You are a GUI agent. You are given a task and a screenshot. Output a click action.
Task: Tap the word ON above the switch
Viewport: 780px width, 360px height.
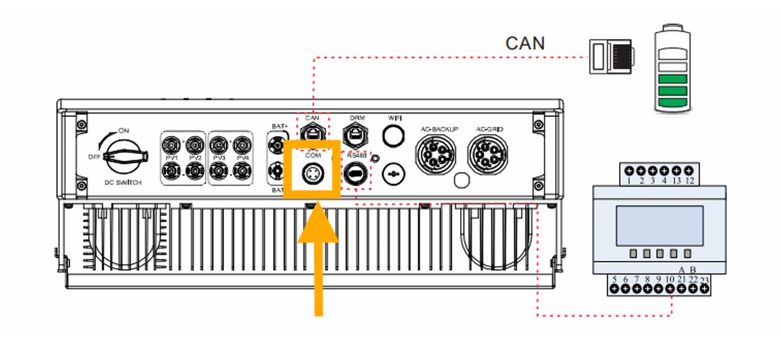click(124, 131)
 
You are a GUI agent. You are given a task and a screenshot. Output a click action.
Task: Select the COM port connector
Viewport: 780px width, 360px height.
click(312, 173)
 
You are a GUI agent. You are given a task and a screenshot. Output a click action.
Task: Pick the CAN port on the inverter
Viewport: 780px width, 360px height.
click(313, 133)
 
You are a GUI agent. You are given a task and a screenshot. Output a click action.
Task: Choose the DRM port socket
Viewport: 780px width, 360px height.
click(355, 133)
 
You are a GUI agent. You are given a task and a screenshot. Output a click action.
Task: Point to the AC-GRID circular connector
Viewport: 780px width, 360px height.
click(488, 152)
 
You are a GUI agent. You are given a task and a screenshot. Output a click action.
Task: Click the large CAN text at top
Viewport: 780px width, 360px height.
click(525, 43)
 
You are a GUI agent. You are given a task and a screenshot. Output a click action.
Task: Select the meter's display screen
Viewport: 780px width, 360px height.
click(659, 225)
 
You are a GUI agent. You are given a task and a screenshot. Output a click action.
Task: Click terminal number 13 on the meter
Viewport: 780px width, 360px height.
click(677, 181)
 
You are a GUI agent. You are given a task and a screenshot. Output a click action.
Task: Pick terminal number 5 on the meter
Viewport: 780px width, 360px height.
click(614, 280)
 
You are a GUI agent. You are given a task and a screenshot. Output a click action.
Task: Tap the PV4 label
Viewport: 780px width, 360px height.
click(243, 157)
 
